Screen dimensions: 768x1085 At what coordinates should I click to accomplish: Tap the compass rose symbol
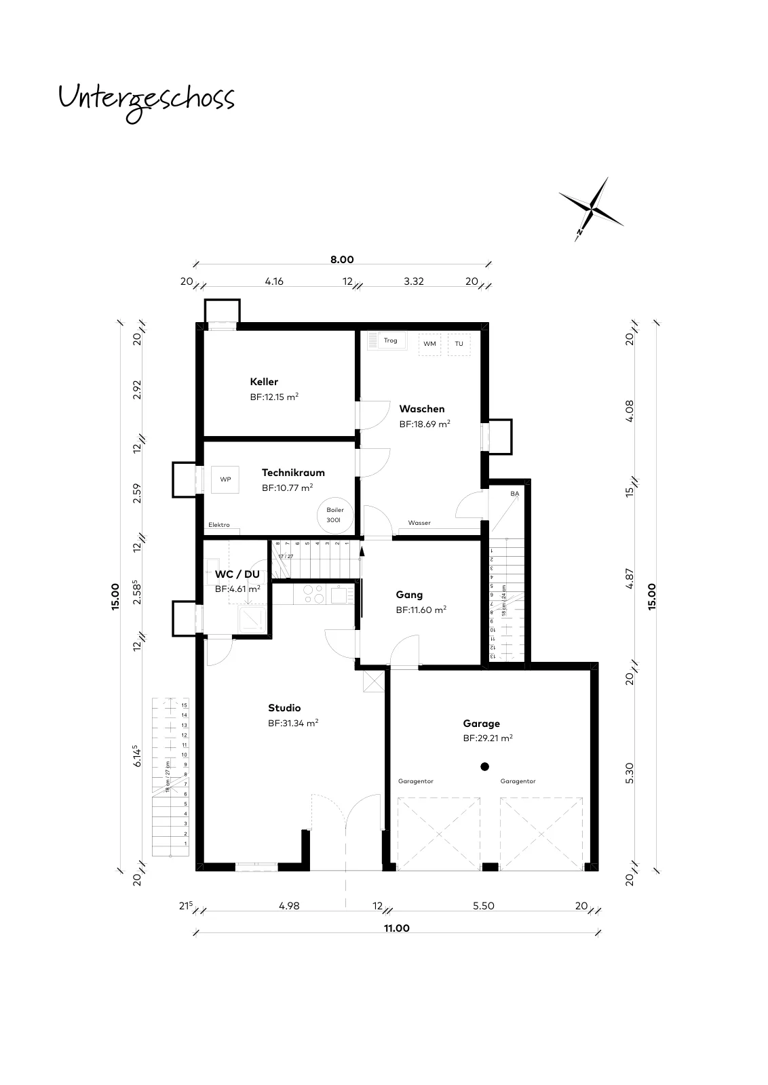tap(591, 210)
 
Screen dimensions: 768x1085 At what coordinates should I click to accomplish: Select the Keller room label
tap(264, 382)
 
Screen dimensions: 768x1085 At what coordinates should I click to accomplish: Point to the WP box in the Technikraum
tap(225, 479)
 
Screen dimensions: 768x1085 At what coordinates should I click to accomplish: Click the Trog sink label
tap(391, 340)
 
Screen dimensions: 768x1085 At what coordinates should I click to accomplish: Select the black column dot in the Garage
tap(484, 766)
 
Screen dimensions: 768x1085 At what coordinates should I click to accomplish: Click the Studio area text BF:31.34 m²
tap(293, 723)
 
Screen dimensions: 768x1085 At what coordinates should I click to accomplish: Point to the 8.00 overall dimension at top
tap(342, 260)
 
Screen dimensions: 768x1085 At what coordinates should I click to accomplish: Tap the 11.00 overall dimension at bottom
tap(397, 928)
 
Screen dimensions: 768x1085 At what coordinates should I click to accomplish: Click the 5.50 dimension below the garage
tap(484, 906)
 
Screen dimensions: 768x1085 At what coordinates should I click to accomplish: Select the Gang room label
tap(409, 595)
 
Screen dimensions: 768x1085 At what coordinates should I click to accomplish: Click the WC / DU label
tap(237, 574)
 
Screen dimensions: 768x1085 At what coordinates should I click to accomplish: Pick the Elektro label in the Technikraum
tap(219, 525)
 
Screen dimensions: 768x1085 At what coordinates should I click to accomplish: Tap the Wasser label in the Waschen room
tap(419, 523)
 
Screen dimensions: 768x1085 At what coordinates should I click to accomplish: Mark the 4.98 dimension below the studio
tap(289, 906)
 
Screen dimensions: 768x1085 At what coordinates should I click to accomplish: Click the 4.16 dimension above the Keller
tap(274, 281)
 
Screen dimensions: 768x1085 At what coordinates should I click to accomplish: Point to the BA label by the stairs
tap(514, 494)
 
